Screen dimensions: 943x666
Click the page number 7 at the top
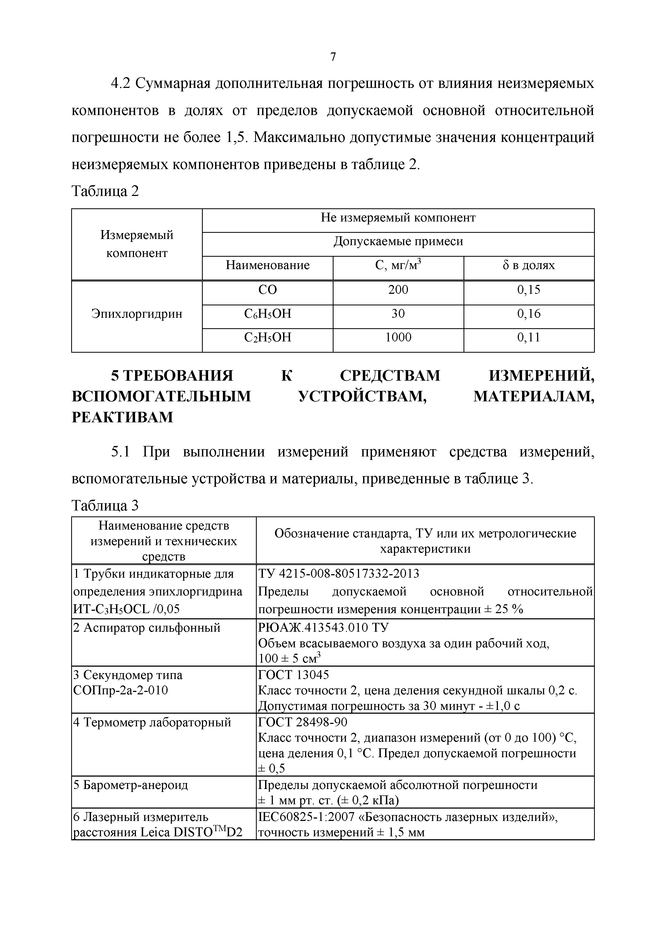(333, 57)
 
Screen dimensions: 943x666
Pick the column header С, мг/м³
(398, 265)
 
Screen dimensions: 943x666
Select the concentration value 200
(398, 290)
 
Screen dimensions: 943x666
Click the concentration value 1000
(398, 338)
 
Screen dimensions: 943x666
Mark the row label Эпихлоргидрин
(137, 314)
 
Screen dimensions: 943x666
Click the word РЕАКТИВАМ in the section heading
(122, 417)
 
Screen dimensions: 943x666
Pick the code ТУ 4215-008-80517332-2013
(339, 573)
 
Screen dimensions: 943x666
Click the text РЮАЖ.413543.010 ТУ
(324, 628)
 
